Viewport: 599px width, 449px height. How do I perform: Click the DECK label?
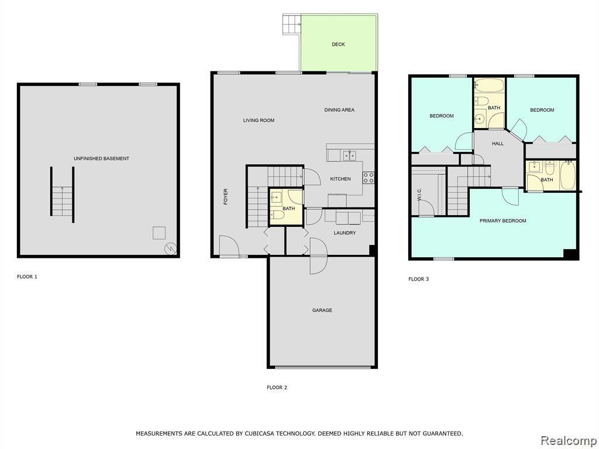[338, 44]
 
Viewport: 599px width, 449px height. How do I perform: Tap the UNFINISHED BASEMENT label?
[101, 158]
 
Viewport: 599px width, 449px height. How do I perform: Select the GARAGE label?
[322, 310]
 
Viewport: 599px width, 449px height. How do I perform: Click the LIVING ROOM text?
[259, 120]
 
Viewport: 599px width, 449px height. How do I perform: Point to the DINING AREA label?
[339, 110]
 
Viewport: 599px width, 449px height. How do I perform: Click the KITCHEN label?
[340, 179]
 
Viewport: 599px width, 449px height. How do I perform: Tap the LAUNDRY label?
[345, 233]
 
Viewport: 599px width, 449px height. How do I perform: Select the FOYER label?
[225, 196]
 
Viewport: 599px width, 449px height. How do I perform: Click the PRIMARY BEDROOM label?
[502, 220]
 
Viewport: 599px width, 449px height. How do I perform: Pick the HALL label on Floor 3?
[498, 144]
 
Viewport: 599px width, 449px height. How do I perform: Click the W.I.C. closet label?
[419, 194]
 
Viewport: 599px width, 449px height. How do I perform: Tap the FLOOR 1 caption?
[27, 277]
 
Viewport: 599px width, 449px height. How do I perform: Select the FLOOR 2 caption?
[277, 388]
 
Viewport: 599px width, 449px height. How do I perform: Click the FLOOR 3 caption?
[419, 279]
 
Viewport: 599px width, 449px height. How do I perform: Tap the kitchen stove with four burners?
[369, 177]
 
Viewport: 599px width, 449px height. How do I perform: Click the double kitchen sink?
[349, 156]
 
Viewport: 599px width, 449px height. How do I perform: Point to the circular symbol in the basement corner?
[170, 249]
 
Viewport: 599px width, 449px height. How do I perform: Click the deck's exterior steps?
[292, 25]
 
